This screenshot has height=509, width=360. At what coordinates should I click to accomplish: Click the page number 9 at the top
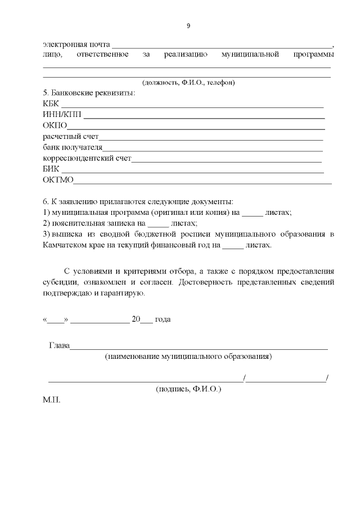188,26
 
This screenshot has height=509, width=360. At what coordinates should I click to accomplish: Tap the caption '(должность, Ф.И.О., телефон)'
188,83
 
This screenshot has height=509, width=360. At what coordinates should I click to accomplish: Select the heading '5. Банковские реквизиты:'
89,93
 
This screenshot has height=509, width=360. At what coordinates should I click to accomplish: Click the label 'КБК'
51,103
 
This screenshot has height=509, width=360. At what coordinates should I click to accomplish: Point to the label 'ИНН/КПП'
62,115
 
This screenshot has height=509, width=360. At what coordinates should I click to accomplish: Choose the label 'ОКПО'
55,125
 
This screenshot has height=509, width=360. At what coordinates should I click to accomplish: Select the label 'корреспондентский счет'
87,159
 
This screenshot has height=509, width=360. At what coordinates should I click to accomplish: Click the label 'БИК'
51,169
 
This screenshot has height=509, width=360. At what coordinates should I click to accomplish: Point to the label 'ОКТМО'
58,180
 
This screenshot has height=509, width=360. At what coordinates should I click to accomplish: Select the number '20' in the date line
135,319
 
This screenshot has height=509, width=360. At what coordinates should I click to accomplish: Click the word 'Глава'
59,345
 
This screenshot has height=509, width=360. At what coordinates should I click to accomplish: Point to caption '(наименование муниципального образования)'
188,357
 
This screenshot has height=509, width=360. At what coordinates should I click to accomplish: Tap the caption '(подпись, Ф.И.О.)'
188,389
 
